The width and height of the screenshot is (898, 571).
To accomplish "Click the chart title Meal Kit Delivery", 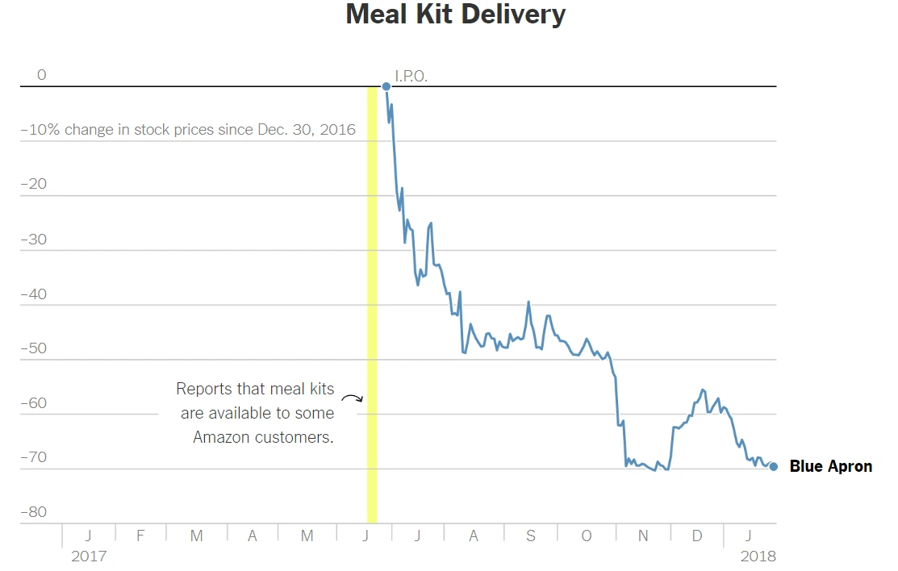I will click(x=456, y=15).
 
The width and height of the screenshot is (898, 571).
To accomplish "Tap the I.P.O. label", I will click(x=411, y=77).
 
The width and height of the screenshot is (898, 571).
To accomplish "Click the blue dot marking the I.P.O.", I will click(x=386, y=86).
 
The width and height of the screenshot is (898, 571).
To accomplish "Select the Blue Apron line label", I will click(x=830, y=466).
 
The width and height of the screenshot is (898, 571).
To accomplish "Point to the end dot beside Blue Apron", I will click(x=774, y=466).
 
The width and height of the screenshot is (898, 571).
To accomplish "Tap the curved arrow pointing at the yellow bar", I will click(x=352, y=398).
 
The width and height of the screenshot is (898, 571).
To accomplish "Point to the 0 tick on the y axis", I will click(x=42, y=75).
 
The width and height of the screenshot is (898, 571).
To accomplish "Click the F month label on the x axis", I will click(x=140, y=536).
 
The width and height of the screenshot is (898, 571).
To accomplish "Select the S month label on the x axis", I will click(x=530, y=536).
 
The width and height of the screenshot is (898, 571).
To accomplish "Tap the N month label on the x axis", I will click(x=643, y=536).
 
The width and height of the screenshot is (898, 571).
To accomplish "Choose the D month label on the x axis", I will click(x=697, y=536).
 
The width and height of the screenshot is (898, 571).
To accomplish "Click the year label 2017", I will click(x=88, y=556).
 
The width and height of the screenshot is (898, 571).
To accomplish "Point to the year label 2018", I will click(x=758, y=556).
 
